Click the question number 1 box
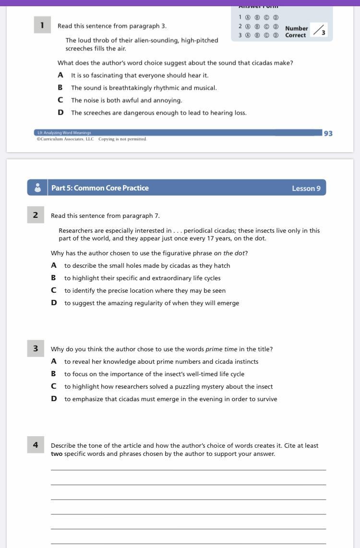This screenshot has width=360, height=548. (x=42, y=25)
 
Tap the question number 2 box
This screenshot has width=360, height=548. (x=36, y=215)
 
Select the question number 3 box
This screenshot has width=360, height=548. (x=36, y=349)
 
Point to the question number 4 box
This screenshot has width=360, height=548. (x=36, y=445)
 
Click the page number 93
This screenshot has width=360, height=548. (x=328, y=133)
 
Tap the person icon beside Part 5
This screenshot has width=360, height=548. (x=37, y=188)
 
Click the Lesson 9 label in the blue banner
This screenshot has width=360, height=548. (x=306, y=188)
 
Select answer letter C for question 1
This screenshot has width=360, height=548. (x=60, y=100)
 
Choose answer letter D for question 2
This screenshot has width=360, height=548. (x=54, y=303)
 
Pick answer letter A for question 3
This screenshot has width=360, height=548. (x=54, y=361)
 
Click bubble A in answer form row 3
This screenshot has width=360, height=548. (x=248, y=35)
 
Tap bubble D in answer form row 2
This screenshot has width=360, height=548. (x=276, y=27)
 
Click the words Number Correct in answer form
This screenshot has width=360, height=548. (x=296, y=32)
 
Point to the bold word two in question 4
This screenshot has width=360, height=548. (x=56, y=453)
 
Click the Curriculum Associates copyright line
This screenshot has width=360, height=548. (x=91, y=139)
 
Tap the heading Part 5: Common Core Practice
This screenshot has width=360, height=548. (x=100, y=188)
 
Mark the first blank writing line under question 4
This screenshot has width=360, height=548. (x=188, y=470)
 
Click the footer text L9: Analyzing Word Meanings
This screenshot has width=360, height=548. (x=64, y=133)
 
